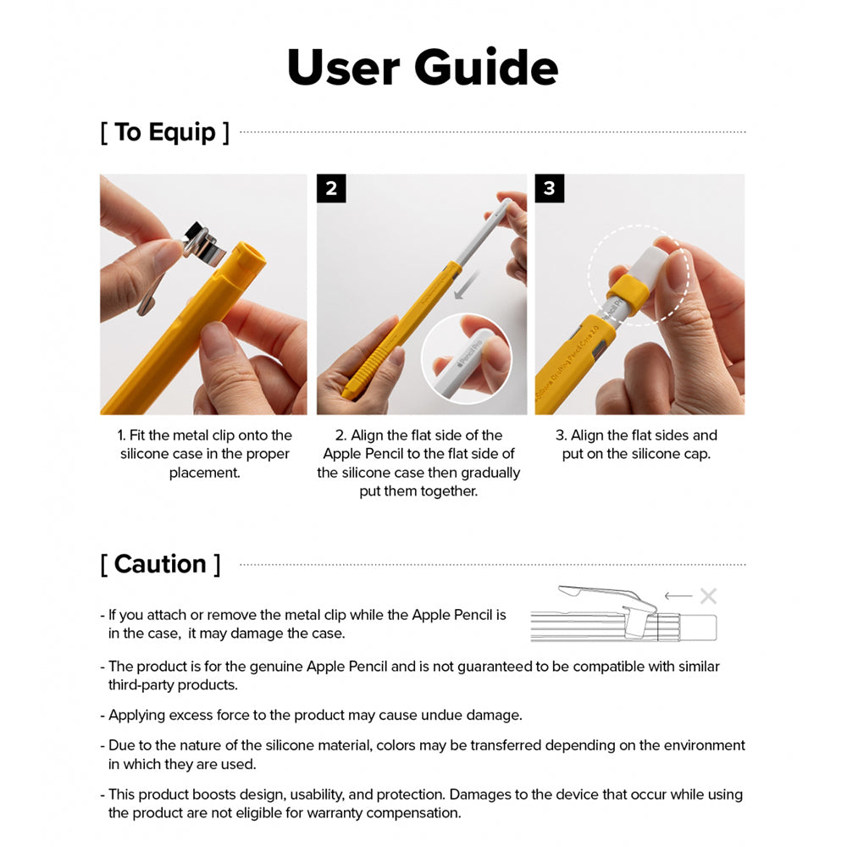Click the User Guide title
(423, 68)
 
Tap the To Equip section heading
(165, 132)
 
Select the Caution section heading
(160, 564)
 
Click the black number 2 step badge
(331, 188)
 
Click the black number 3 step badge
(549, 188)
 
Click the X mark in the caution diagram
(708, 596)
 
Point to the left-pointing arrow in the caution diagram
(678, 596)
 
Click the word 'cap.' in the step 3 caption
(695, 454)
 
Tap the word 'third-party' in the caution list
(143, 685)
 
